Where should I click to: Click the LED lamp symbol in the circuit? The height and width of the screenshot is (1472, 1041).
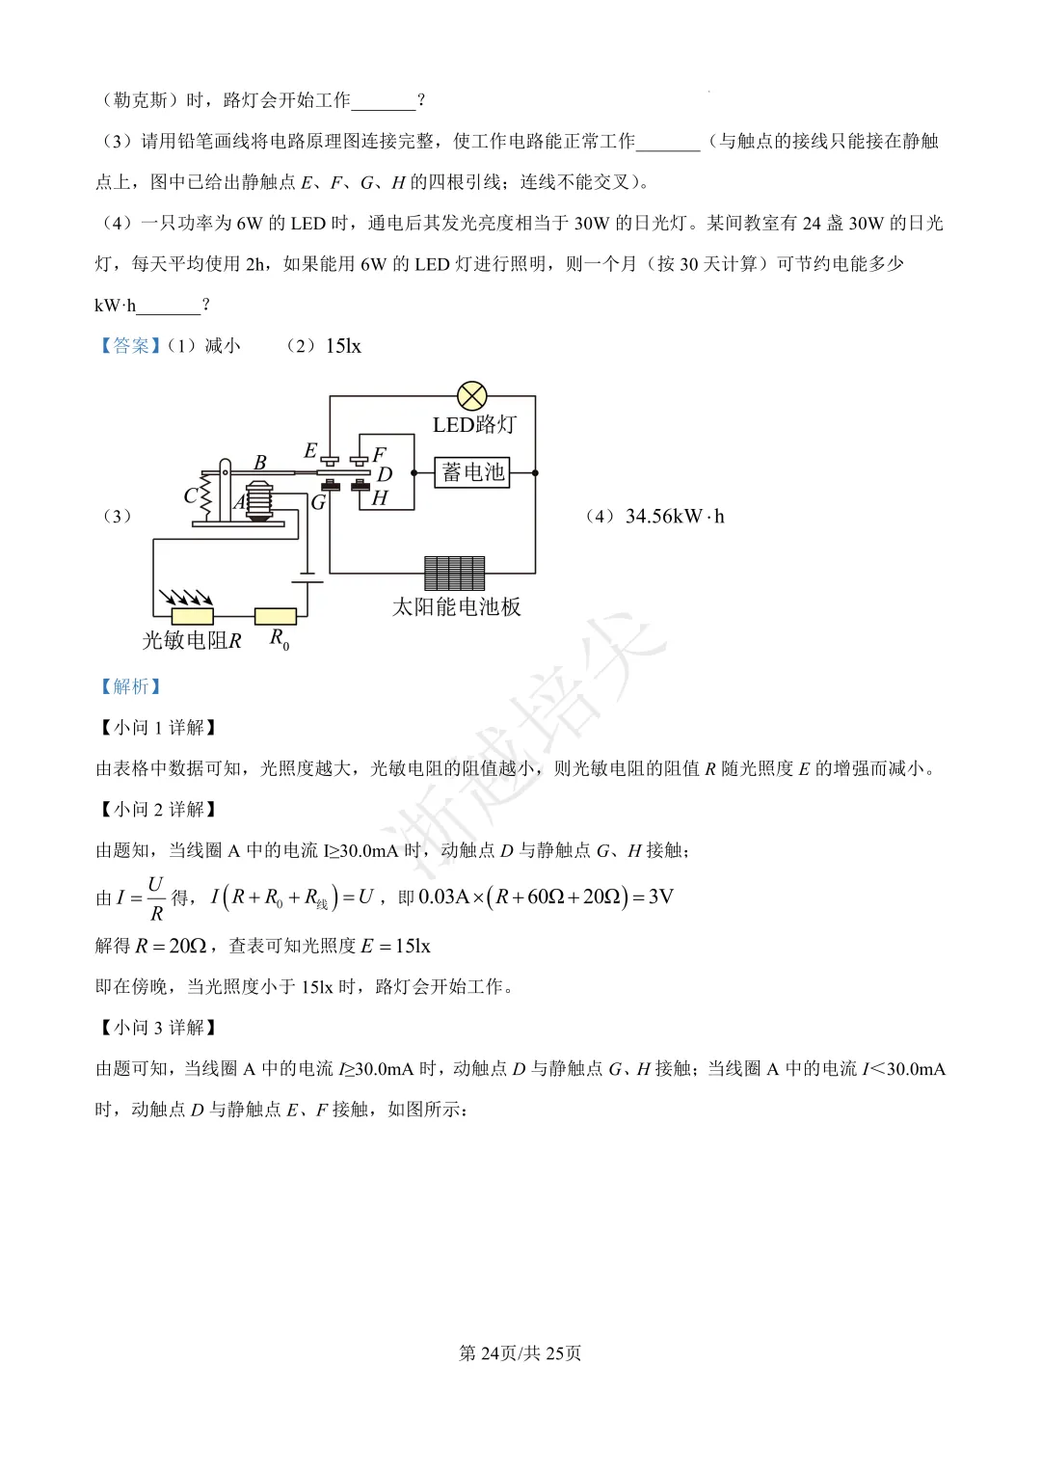tap(471, 395)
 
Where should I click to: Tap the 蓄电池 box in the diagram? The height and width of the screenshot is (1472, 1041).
tap(472, 472)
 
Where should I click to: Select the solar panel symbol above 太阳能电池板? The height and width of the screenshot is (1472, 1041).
tap(455, 573)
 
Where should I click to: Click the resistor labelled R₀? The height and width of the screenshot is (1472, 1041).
tap(276, 616)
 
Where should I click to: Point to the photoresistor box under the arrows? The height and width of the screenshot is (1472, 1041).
tap(192, 616)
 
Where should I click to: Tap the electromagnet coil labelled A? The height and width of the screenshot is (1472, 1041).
tap(259, 500)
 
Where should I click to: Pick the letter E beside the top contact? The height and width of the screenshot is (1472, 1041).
tap(310, 451)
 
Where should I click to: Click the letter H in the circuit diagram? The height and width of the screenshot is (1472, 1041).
tap(380, 498)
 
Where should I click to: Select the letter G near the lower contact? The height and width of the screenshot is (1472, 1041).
tap(318, 502)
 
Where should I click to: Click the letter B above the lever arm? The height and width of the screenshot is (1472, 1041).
tap(259, 463)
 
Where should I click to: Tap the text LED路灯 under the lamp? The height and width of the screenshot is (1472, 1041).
tap(474, 425)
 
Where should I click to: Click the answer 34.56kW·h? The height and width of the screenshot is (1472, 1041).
tap(674, 517)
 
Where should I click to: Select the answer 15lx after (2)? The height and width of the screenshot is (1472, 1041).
tap(343, 346)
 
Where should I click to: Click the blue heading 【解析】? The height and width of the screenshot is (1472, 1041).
tap(130, 686)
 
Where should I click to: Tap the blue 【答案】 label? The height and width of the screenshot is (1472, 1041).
tap(130, 346)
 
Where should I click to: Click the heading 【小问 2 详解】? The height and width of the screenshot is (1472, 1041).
tap(158, 810)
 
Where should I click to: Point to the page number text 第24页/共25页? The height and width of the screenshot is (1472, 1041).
tap(520, 1353)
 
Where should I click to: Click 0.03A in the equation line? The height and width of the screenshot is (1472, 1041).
tap(443, 897)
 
